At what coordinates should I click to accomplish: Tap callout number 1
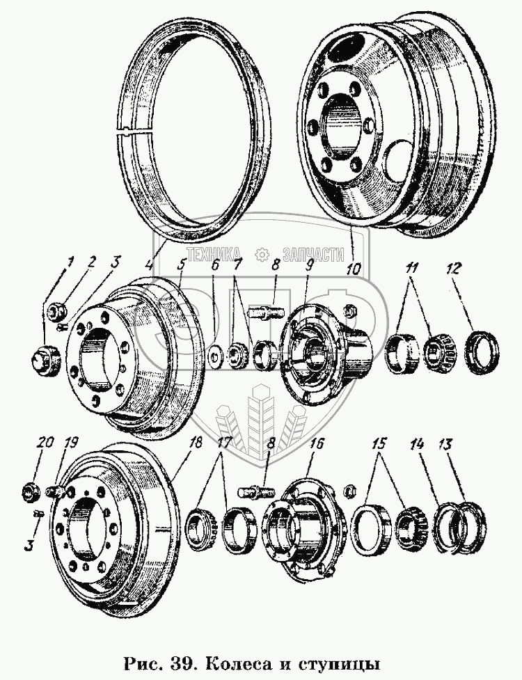pyautogui.click(x=70, y=262)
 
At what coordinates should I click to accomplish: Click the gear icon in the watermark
pyautogui.click(x=262, y=254)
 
